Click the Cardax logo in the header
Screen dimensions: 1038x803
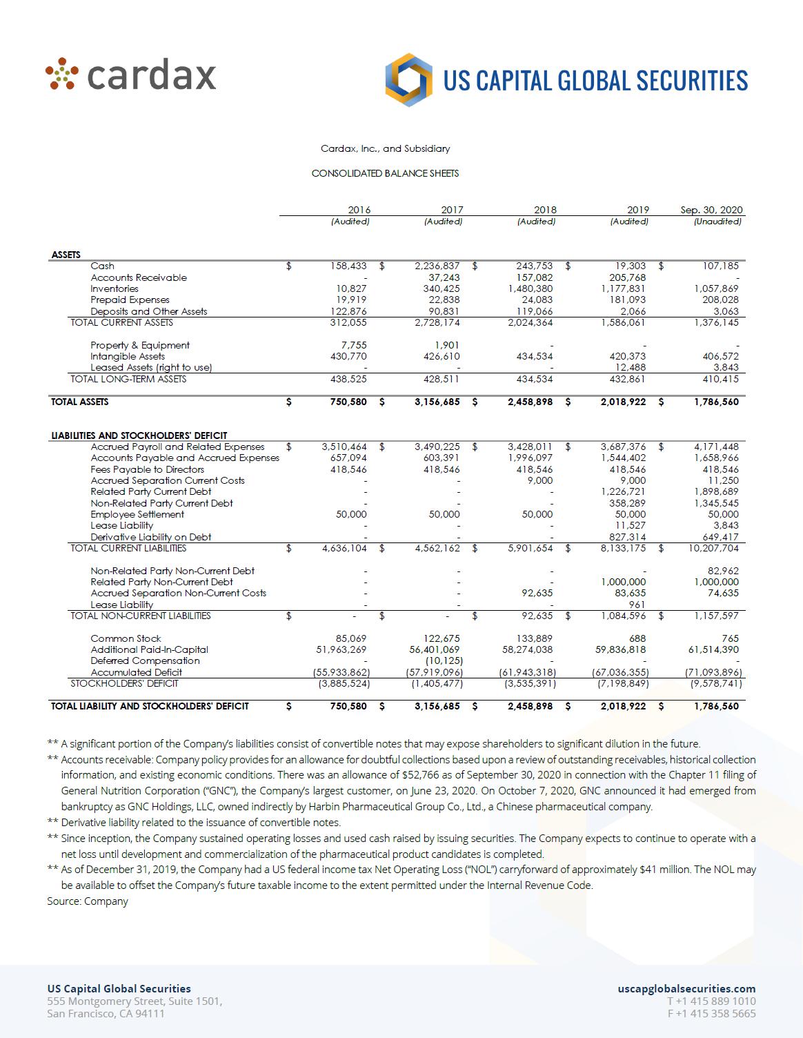pos(131,75)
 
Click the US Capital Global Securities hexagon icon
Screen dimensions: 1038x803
pos(409,80)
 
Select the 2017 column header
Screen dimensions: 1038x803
pos(452,210)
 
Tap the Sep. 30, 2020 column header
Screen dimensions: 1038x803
pos(711,210)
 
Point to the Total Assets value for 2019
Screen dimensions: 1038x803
pos(623,402)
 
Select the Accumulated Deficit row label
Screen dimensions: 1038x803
pos(137,672)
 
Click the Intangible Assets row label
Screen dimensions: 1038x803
pos(128,356)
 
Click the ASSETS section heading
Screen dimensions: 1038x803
pos(66,255)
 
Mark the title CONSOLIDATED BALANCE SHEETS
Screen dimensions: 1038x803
pos(385,173)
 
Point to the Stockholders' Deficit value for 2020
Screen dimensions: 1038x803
pos(716,683)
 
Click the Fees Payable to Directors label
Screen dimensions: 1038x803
pos(148,469)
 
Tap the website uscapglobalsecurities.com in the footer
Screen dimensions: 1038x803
pos(686,989)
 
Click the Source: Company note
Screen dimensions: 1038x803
pos(88,901)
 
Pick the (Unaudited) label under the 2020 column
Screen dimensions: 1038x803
pos(717,222)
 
